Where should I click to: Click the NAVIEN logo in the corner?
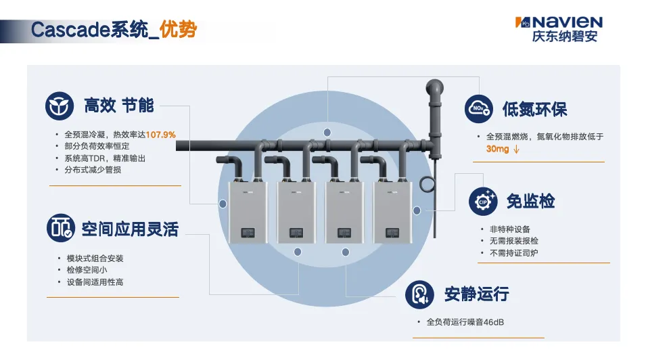pos(559,29)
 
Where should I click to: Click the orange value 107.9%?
pos(161,135)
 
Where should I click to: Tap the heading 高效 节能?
pos(118,106)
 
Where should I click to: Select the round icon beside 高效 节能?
pos(60,106)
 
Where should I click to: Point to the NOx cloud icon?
pos(479,109)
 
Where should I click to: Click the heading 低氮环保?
pos(535,109)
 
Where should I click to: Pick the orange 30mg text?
pos(497,149)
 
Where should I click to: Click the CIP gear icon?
pos(483,201)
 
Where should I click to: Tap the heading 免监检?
pos(530,201)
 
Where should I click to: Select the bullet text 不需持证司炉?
pos(513,253)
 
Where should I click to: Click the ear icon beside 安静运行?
pos(419,294)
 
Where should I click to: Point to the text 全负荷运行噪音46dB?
pos(465,322)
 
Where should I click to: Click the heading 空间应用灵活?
pos(130,229)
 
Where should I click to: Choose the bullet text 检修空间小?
pos(87,270)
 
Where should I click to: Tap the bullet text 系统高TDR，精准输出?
pos(105,158)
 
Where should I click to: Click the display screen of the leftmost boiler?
pos(248,233)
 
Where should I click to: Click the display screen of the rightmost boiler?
pos(392,233)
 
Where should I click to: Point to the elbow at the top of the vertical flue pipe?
pos(435,88)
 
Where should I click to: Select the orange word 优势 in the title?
pos(179,29)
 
